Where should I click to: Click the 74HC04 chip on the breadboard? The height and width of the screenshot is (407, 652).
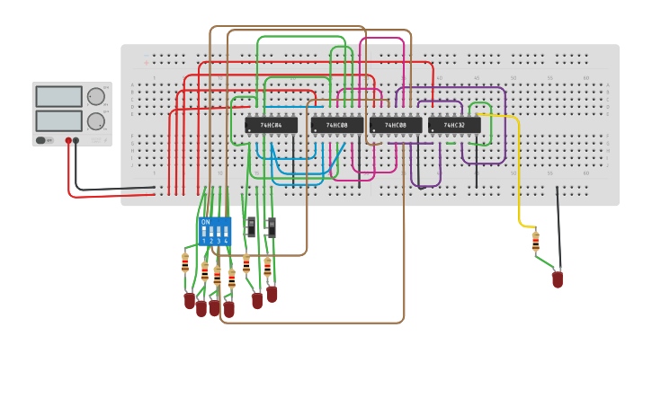click(271, 126)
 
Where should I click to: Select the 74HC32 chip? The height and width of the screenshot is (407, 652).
click(454, 126)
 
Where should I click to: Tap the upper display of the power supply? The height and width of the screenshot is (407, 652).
click(58, 96)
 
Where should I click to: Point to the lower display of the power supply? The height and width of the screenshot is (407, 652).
click(58, 120)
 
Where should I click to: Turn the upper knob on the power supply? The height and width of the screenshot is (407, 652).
click(95, 96)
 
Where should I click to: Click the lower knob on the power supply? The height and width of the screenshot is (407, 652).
click(95, 121)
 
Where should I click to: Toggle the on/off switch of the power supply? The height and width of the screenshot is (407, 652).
click(41, 140)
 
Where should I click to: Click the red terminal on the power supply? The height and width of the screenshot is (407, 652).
click(68, 141)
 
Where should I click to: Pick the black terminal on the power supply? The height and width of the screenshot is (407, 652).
click(76, 141)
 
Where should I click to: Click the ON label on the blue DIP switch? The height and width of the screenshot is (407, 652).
click(205, 222)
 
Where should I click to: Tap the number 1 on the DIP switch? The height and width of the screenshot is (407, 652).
click(204, 241)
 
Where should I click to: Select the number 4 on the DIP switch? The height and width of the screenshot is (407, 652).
click(226, 241)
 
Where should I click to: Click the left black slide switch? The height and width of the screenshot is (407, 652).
click(251, 226)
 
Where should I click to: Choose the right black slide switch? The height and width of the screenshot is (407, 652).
click(271, 226)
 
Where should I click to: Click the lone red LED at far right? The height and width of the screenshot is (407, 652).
click(558, 279)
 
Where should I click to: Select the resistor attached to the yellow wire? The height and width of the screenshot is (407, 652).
click(536, 242)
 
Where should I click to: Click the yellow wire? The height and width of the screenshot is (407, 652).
click(519, 180)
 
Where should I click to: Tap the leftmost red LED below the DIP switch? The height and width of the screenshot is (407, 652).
click(189, 300)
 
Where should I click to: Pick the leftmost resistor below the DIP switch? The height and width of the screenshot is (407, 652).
click(185, 262)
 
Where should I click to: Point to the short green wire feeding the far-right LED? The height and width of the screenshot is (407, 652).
click(546, 262)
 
